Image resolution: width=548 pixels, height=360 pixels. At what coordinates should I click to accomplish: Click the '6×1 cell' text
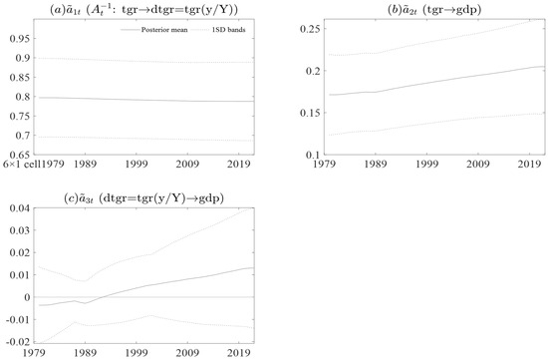pyautogui.click(x=21, y=162)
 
